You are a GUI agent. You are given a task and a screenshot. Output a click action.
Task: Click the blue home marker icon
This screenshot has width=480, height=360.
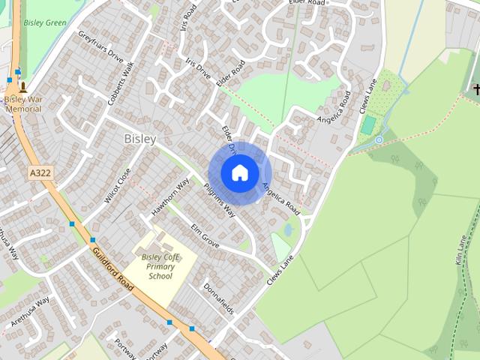point(240,172)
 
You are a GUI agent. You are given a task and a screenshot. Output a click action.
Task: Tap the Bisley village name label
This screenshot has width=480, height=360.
point(140,139)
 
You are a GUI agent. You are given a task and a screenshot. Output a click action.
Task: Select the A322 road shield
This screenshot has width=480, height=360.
point(40,173)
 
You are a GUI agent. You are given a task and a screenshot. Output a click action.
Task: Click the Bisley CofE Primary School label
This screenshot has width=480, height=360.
point(160,266)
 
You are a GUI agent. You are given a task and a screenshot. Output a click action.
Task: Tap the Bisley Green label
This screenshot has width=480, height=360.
point(45,22)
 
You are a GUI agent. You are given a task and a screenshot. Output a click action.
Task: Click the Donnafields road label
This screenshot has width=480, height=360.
point(219,299)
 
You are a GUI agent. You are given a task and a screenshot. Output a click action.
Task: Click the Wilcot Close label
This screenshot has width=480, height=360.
point(118,185)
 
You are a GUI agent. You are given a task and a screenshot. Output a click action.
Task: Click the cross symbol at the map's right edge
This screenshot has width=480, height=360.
point(475,90)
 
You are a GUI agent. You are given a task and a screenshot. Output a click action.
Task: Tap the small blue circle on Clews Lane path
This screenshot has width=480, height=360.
point(379,139)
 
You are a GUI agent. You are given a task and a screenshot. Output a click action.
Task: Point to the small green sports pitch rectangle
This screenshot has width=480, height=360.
point(367,124)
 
